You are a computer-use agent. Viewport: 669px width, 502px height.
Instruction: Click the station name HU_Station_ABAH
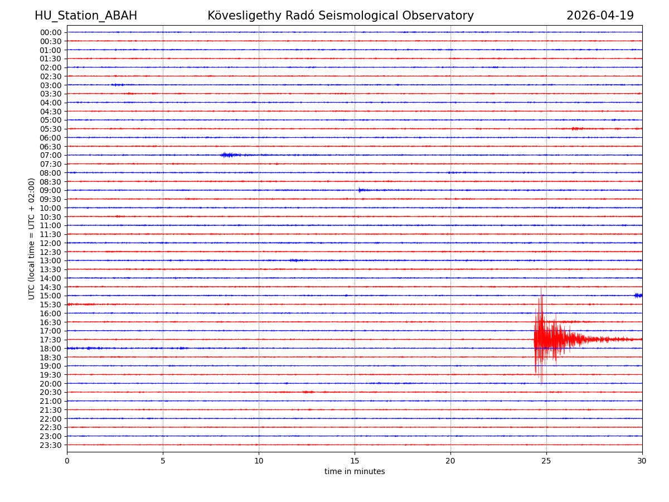(86, 16)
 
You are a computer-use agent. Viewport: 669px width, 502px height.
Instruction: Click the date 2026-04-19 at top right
(600, 16)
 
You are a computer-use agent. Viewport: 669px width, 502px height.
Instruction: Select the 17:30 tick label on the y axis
(51, 340)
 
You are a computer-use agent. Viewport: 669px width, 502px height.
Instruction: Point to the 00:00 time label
(51, 32)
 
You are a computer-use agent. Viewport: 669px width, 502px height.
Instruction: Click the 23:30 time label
(51, 445)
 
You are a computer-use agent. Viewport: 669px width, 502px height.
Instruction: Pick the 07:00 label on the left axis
(51, 155)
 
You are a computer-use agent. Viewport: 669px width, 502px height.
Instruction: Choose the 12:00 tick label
(51, 243)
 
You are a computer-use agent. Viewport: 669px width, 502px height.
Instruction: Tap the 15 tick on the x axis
(355, 461)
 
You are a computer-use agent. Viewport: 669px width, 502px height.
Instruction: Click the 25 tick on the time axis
(546, 461)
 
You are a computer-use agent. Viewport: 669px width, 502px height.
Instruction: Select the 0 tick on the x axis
(67, 461)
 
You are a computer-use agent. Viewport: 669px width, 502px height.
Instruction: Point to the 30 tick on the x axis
(642, 461)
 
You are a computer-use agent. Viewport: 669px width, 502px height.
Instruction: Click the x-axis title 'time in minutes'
(355, 472)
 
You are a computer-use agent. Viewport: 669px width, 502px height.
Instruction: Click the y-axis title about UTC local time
(32, 239)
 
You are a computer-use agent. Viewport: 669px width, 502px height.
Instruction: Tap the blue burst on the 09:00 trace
(362, 190)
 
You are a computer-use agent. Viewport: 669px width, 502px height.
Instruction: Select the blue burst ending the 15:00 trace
(638, 295)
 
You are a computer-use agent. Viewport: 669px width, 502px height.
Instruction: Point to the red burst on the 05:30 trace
(576, 129)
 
